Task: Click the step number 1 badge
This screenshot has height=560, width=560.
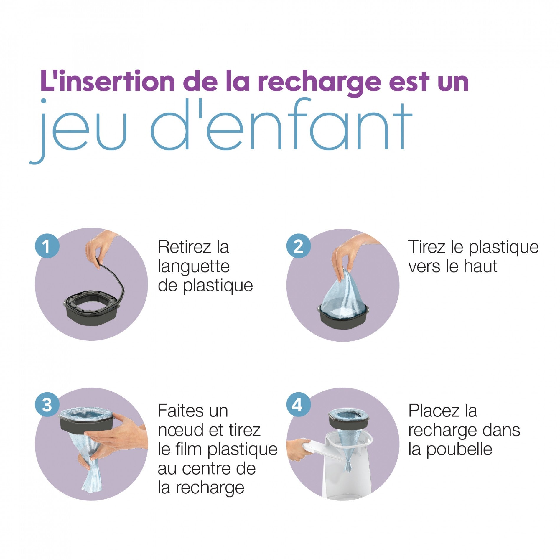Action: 47,246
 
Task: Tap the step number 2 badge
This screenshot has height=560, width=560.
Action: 298,246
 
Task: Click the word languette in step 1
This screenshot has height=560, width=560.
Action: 194,267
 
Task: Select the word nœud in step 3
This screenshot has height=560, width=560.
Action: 179,430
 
